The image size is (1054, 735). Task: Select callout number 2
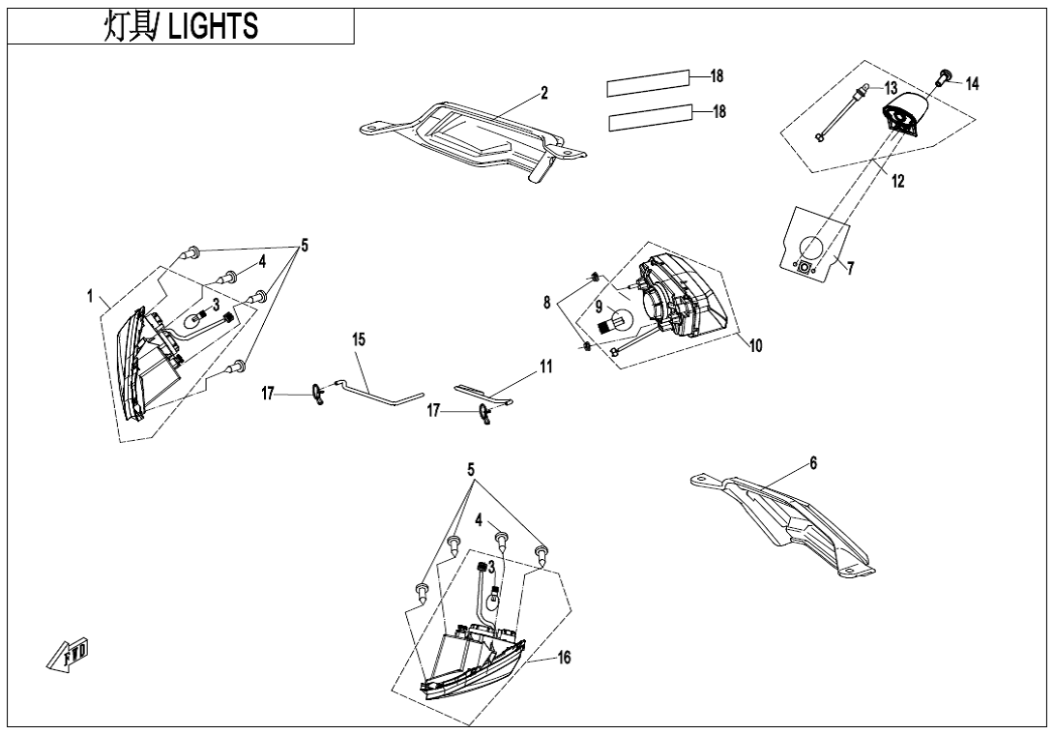[544, 93]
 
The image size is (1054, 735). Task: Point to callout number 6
[813, 463]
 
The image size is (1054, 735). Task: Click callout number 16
[564, 658]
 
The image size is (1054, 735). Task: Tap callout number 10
[755, 345]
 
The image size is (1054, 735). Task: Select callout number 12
[898, 181]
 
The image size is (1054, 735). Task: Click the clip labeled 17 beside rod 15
[319, 394]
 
